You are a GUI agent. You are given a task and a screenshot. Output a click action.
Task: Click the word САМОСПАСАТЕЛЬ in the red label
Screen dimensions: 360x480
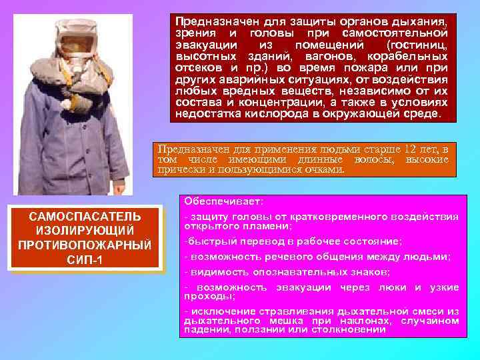coord(84,216)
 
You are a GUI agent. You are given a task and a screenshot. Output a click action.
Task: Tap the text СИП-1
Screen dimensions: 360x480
coord(84,259)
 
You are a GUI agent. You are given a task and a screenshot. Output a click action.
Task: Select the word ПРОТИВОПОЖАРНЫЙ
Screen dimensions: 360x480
coord(84,245)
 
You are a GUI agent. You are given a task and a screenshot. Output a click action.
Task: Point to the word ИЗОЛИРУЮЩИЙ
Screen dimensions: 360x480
coord(84,230)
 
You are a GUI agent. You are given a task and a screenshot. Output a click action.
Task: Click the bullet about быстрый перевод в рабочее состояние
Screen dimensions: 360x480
coord(293,242)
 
